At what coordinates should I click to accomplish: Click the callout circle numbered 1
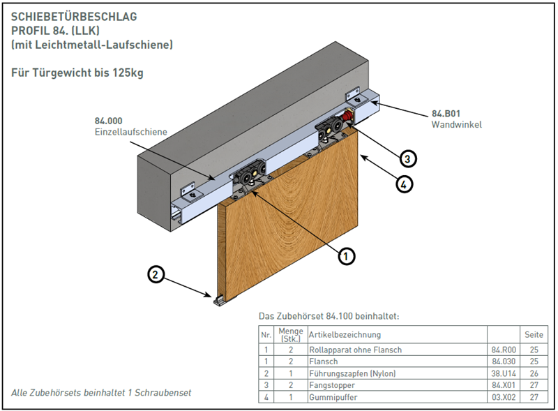(347, 256)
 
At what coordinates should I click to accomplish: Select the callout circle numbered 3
(409, 158)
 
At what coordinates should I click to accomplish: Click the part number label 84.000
(108, 121)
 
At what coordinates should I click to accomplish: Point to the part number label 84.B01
(446, 114)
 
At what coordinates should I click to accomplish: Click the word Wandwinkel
(456, 125)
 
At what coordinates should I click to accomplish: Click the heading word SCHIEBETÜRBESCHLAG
(74, 15)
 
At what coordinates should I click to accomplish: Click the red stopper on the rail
(347, 117)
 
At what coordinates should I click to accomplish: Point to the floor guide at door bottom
(220, 300)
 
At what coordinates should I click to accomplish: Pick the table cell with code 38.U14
(504, 373)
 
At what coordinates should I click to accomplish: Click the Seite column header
(534, 335)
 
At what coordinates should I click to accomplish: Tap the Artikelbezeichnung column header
(345, 335)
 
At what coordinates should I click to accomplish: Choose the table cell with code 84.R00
(504, 350)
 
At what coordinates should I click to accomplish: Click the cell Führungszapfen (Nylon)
(352, 373)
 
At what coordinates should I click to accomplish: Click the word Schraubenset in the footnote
(165, 393)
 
